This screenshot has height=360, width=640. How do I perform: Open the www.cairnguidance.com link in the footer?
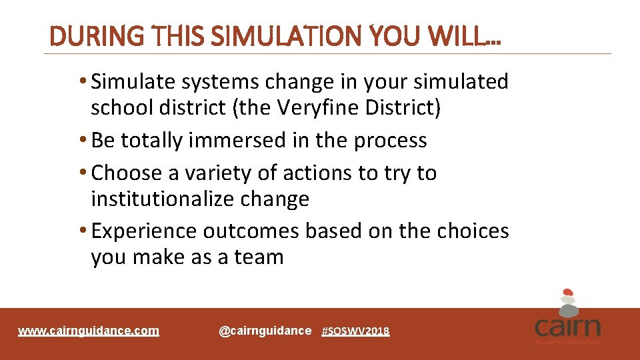[89, 331]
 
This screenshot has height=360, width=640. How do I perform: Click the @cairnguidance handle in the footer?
[265, 331]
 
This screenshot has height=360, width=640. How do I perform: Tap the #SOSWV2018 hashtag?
[355, 331]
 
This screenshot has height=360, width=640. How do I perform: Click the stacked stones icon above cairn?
[567, 302]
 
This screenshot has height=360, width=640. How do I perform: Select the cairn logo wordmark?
[567, 327]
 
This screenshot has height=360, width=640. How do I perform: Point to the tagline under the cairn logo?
[567, 342]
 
